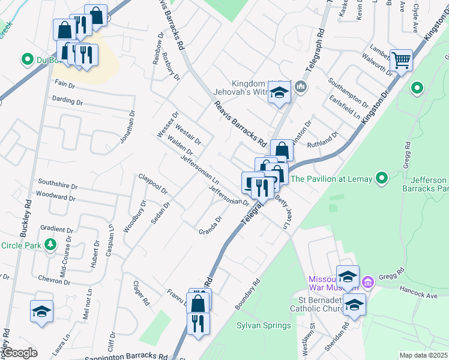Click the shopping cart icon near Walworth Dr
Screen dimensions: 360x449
coord(401,59)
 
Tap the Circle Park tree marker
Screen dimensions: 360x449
coord(51,245)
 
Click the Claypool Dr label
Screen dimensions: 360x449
coord(152,184)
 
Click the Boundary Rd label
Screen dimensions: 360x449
coord(247,294)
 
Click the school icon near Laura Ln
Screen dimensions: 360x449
coord(41,311)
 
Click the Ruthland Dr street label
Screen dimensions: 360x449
coord(323,142)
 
